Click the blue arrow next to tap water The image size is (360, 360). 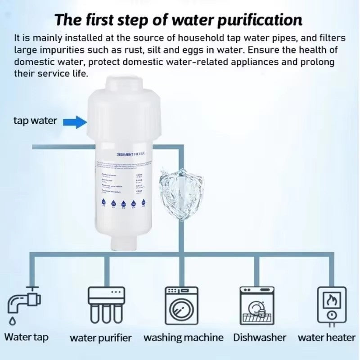pos(74,121)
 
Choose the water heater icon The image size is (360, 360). pos(332,304)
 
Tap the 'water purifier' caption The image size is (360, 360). pos(101,338)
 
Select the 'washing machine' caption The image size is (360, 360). pos(183,337)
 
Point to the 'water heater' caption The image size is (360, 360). pos(326,337)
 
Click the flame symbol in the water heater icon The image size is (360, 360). pos(332,298)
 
